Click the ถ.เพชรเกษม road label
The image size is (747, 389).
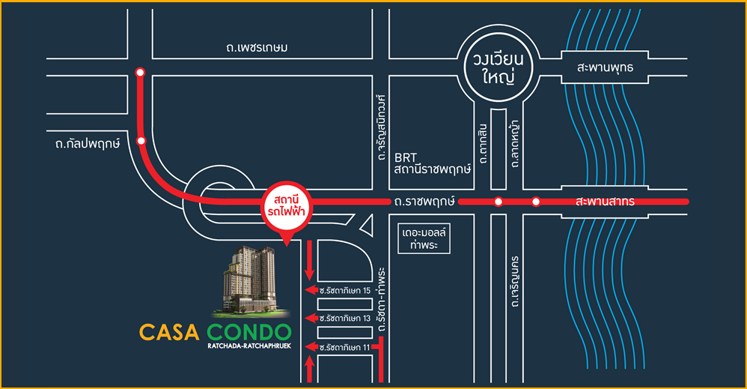click(257, 48)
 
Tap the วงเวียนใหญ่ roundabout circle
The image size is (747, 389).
click(498, 31)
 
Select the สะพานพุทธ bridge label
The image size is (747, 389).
click(605, 67)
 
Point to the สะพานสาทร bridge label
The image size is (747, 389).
click(605, 202)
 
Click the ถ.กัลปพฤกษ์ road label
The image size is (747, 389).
click(87, 144)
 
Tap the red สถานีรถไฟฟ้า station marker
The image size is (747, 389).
click(287, 206)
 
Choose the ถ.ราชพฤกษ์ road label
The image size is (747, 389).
click(424, 202)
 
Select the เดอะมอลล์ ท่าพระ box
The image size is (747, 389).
click(424, 238)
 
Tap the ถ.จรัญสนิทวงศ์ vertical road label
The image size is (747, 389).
click(380, 127)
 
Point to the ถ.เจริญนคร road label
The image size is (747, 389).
click(514, 282)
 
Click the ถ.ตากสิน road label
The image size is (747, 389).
click(483, 144)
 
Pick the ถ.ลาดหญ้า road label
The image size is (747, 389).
click(514, 144)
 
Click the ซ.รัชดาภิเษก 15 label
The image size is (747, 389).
click(345, 290)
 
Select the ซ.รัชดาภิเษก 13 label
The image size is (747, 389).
click(345, 319)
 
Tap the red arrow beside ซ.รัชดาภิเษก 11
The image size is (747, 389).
click(311, 347)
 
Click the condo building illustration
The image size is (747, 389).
click(251, 282)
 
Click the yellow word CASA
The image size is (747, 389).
click(169, 332)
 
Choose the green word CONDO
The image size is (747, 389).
click(249, 332)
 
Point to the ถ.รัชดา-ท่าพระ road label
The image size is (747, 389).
click(380, 300)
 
